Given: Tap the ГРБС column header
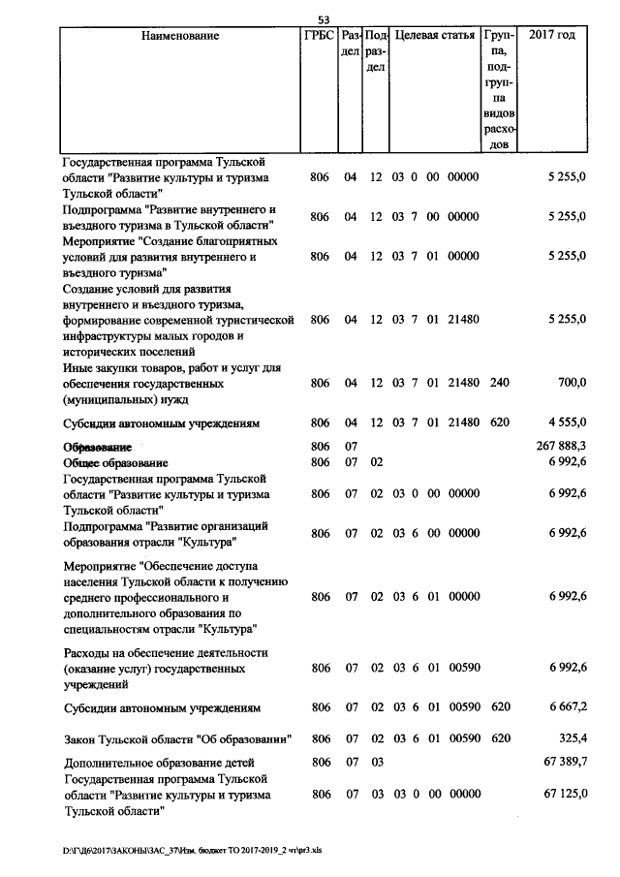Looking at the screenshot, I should (x=319, y=36).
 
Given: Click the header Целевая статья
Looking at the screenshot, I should (x=435, y=36).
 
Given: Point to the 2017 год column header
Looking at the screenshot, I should (x=552, y=36).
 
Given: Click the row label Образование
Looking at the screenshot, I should (x=97, y=447).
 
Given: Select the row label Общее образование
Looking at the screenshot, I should (x=116, y=463).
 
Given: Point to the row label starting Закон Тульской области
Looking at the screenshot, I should (x=178, y=741).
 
